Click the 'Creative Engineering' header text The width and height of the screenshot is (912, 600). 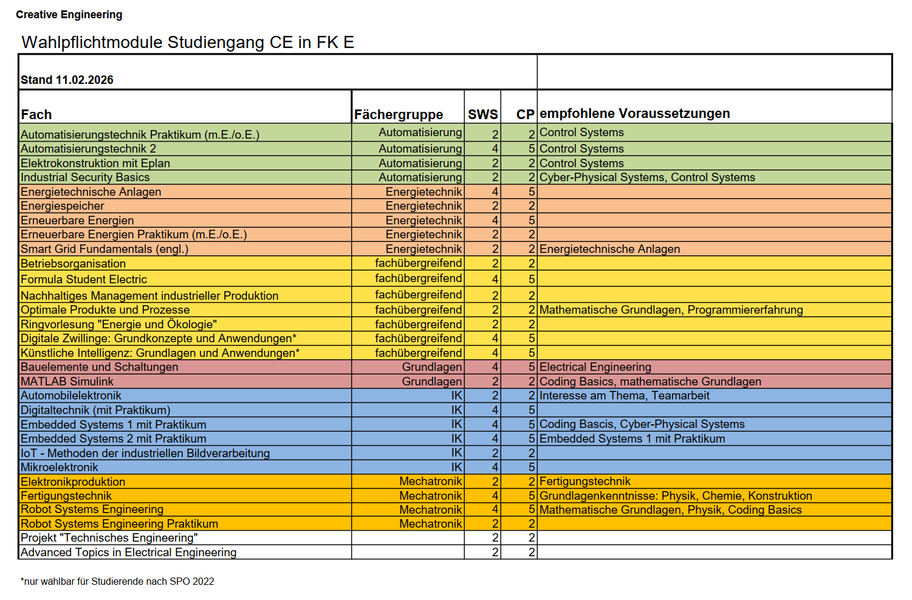(x=69, y=15)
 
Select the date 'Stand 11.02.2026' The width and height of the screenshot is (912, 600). (x=67, y=80)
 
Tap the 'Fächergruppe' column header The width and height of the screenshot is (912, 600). (x=399, y=114)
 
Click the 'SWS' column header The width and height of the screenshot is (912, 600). (x=483, y=114)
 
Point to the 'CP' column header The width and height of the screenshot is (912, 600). (x=525, y=114)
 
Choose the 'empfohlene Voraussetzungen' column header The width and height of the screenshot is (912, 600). (x=634, y=114)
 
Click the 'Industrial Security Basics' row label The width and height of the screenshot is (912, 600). (x=85, y=178)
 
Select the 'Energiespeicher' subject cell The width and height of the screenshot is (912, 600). (x=63, y=206)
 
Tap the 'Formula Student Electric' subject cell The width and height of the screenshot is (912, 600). (x=84, y=280)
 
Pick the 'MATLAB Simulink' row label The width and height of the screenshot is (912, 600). (x=67, y=382)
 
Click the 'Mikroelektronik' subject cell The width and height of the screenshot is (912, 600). (x=60, y=467)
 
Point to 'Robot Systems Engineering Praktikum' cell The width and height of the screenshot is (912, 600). (x=119, y=524)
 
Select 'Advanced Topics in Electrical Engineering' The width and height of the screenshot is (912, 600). (x=129, y=553)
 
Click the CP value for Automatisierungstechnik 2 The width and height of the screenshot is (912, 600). (x=531, y=149)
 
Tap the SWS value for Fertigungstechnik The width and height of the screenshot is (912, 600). (x=495, y=496)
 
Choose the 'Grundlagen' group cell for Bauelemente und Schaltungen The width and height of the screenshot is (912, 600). (x=431, y=367)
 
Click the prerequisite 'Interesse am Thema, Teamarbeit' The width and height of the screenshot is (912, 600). (x=624, y=396)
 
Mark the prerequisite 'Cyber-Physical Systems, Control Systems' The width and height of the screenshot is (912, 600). (x=647, y=178)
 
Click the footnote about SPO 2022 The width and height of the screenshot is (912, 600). (x=117, y=581)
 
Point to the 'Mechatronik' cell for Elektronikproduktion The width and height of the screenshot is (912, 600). (x=430, y=481)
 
